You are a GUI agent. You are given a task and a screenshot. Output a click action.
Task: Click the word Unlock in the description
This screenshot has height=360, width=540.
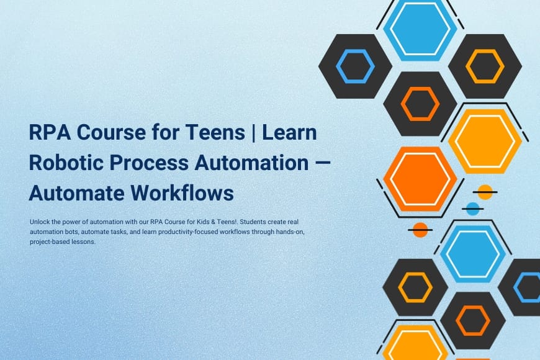point(38,222)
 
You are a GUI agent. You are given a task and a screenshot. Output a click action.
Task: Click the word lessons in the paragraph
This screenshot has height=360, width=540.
point(83,242)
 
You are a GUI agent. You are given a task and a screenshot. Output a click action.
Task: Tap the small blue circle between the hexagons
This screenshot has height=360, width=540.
point(473,209)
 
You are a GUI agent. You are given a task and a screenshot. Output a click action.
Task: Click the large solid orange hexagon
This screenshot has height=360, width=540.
point(420,179)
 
